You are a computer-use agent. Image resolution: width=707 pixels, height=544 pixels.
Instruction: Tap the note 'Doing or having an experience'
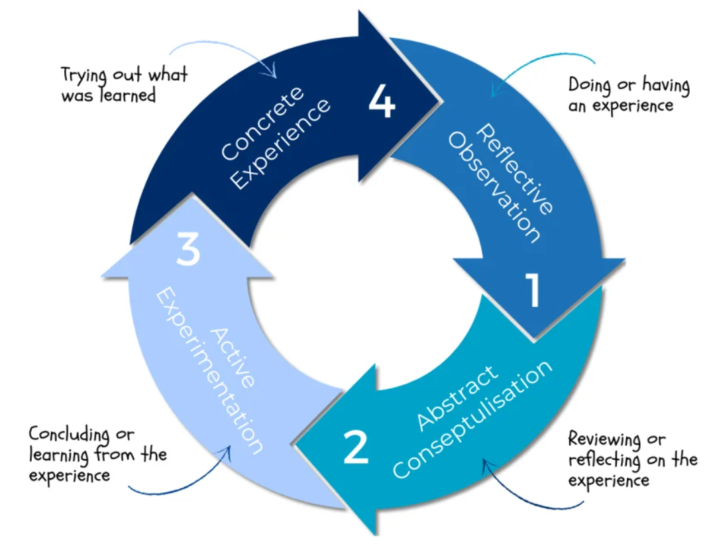pyautogui.click(x=628, y=95)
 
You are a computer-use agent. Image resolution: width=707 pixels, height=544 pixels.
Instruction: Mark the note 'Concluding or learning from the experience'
pyautogui.click(x=97, y=455)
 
